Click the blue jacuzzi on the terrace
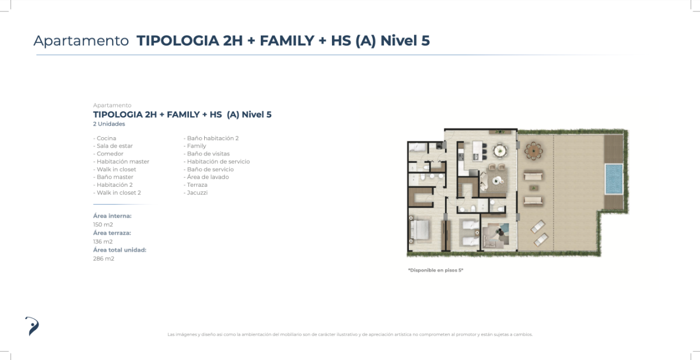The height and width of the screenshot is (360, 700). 614,179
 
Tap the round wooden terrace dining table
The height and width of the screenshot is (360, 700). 534,151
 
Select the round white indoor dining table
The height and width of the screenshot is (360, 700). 500,151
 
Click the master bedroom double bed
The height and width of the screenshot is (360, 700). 419,231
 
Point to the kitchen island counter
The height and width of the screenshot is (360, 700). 478,151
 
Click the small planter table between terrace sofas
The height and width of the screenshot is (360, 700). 533,188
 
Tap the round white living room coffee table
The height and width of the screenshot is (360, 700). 496,180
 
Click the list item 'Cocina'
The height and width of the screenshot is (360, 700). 104,138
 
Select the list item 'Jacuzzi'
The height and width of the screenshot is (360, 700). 195,193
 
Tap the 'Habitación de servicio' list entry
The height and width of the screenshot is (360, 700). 216,162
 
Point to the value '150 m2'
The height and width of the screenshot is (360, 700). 103,225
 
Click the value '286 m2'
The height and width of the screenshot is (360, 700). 103,258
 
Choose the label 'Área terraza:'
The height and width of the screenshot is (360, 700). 112,233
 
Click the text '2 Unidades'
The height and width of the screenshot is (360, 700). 108,124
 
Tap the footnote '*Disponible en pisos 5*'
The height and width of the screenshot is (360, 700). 435,270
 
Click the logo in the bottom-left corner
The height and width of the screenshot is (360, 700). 32,326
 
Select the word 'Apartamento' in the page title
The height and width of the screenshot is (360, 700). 81,41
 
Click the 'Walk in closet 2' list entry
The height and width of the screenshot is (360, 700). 117,193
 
